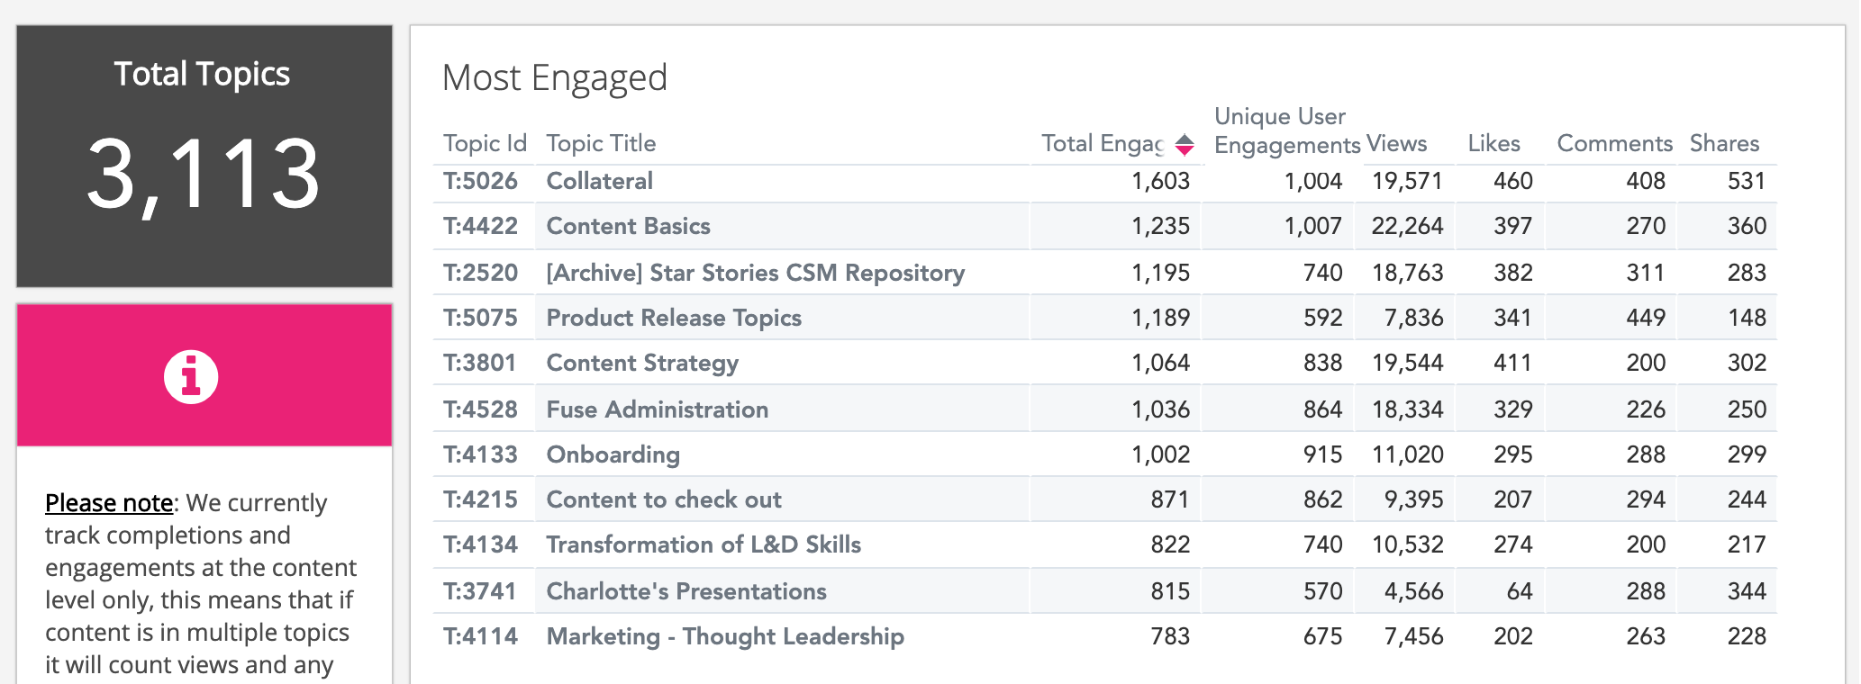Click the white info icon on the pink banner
click(x=191, y=376)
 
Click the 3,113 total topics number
click(x=204, y=175)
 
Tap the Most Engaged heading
click(x=554, y=78)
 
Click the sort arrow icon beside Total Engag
click(x=1185, y=144)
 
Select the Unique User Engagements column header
click(x=1286, y=130)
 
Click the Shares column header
click(x=1724, y=144)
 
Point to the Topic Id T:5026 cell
click(x=480, y=182)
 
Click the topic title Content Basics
click(x=628, y=227)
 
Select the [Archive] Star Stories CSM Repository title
click(x=755, y=274)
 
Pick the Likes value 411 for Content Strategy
click(x=1512, y=364)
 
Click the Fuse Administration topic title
click(x=657, y=410)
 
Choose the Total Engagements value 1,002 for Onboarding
click(x=1160, y=455)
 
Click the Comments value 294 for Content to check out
click(x=1645, y=500)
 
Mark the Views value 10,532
click(x=1407, y=545)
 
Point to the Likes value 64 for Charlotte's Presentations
click(x=1519, y=592)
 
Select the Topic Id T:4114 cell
click(x=480, y=637)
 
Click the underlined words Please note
click(x=109, y=503)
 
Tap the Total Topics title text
click(x=202, y=74)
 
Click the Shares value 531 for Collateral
click(x=1746, y=182)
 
